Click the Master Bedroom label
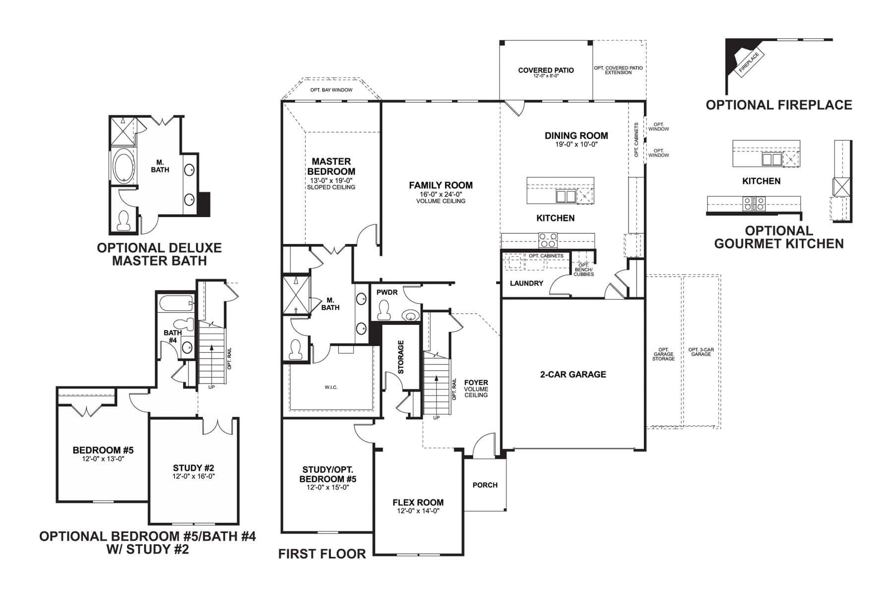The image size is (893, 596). (x=331, y=166)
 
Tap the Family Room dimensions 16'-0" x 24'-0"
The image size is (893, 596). (x=441, y=194)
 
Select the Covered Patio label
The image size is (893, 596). (x=546, y=70)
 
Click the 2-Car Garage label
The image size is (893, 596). (x=573, y=374)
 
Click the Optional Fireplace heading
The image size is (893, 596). (x=778, y=105)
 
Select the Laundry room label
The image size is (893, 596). (x=526, y=283)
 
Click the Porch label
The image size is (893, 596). (x=485, y=485)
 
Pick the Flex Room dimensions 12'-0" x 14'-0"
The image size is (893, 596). (x=418, y=511)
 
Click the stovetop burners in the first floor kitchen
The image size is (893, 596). (x=547, y=240)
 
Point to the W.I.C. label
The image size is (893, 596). (x=331, y=387)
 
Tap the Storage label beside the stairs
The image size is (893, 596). (x=401, y=357)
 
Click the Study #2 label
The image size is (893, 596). (x=193, y=468)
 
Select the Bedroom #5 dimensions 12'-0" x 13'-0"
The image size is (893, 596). (x=103, y=459)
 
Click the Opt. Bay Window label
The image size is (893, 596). (x=331, y=90)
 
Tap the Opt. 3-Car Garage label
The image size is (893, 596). (x=701, y=352)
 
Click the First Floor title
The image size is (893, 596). (x=321, y=554)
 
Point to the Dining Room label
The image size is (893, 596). (x=576, y=136)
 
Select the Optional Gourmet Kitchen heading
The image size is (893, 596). (x=778, y=237)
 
